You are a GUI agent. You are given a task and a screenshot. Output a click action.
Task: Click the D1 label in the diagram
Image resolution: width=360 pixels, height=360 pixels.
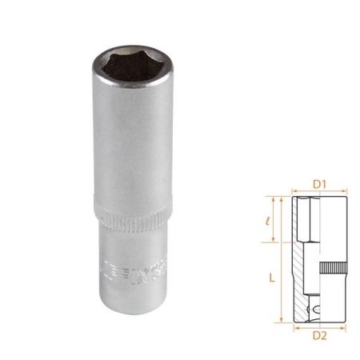319,184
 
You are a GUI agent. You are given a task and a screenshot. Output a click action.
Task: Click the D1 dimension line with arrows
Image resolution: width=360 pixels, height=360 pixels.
319,193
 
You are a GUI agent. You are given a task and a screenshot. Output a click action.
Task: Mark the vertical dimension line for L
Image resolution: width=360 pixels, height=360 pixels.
282,256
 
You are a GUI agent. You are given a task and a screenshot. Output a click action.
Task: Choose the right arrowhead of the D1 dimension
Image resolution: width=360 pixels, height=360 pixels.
345,193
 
